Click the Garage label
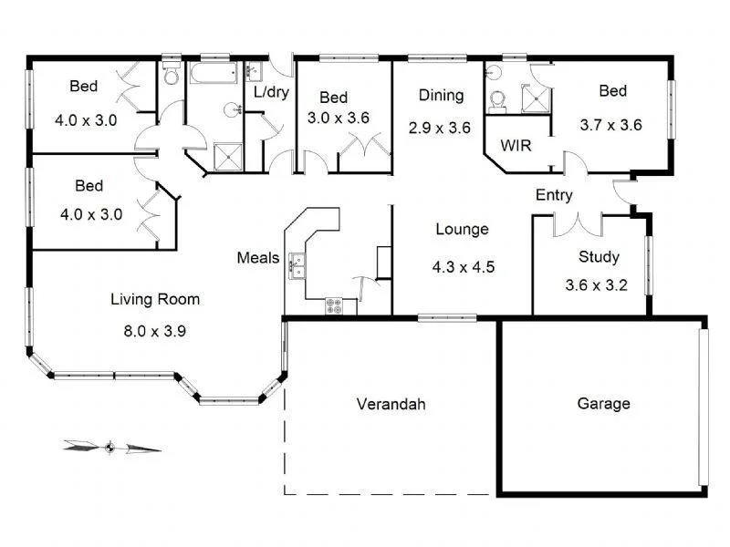click(x=603, y=404)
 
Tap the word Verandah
click(x=391, y=404)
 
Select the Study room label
click(x=599, y=257)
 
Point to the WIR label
click(x=516, y=146)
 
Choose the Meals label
click(x=257, y=258)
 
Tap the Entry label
click(x=554, y=195)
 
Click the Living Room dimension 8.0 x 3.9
click(x=155, y=331)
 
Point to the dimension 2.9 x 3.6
click(x=440, y=128)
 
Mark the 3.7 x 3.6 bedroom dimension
click(x=611, y=125)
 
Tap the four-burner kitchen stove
click(x=335, y=306)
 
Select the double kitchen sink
click(x=297, y=264)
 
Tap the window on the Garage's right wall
click(x=703, y=407)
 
